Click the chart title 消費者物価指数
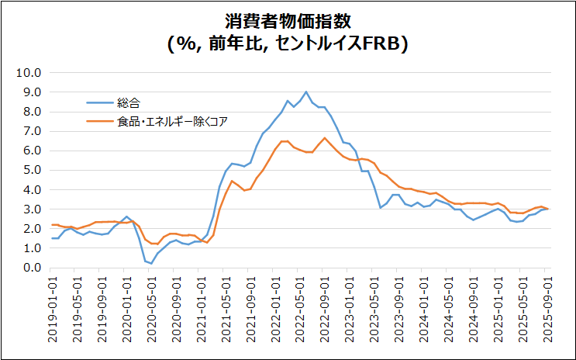(288, 19)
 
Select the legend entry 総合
(129, 102)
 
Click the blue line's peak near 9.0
(305, 92)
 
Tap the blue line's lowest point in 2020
(151, 264)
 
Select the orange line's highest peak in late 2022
(324, 138)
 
